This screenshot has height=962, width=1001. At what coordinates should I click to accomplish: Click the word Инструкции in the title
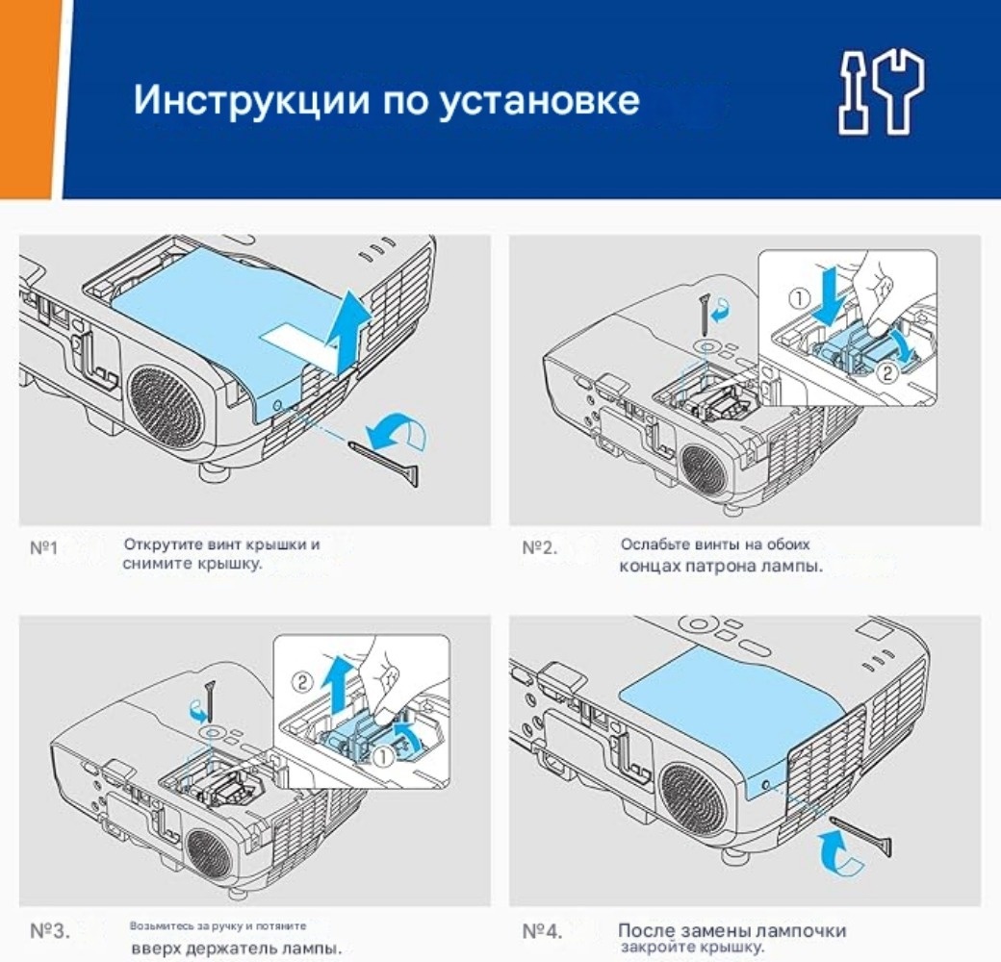click(251, 100)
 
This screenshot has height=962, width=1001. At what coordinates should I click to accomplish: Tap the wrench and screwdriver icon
click(881, 93)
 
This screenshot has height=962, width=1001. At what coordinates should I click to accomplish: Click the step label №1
click(44, 548)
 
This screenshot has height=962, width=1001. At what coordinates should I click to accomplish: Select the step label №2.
click(539, 548)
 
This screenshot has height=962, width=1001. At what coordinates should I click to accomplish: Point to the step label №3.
click(50, 931)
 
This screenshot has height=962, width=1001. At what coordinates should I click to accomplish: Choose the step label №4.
click(542, 931)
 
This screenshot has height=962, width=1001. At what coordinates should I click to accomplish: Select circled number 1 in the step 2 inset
click(799, 298)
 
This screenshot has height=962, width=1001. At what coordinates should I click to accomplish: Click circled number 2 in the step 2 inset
click(888, 373)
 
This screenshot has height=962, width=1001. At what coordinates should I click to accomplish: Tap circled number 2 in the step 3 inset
click(302, 683)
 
